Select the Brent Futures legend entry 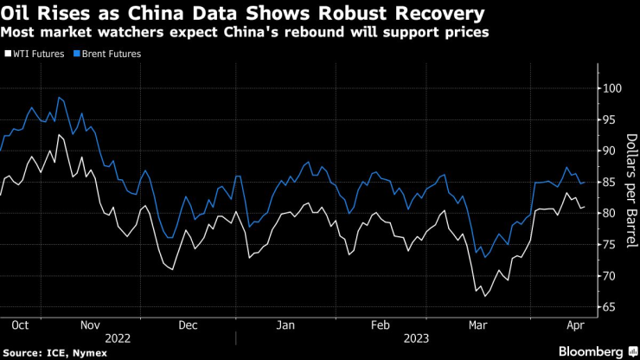(x=112, y=54)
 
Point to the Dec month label (x=189, y=325)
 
